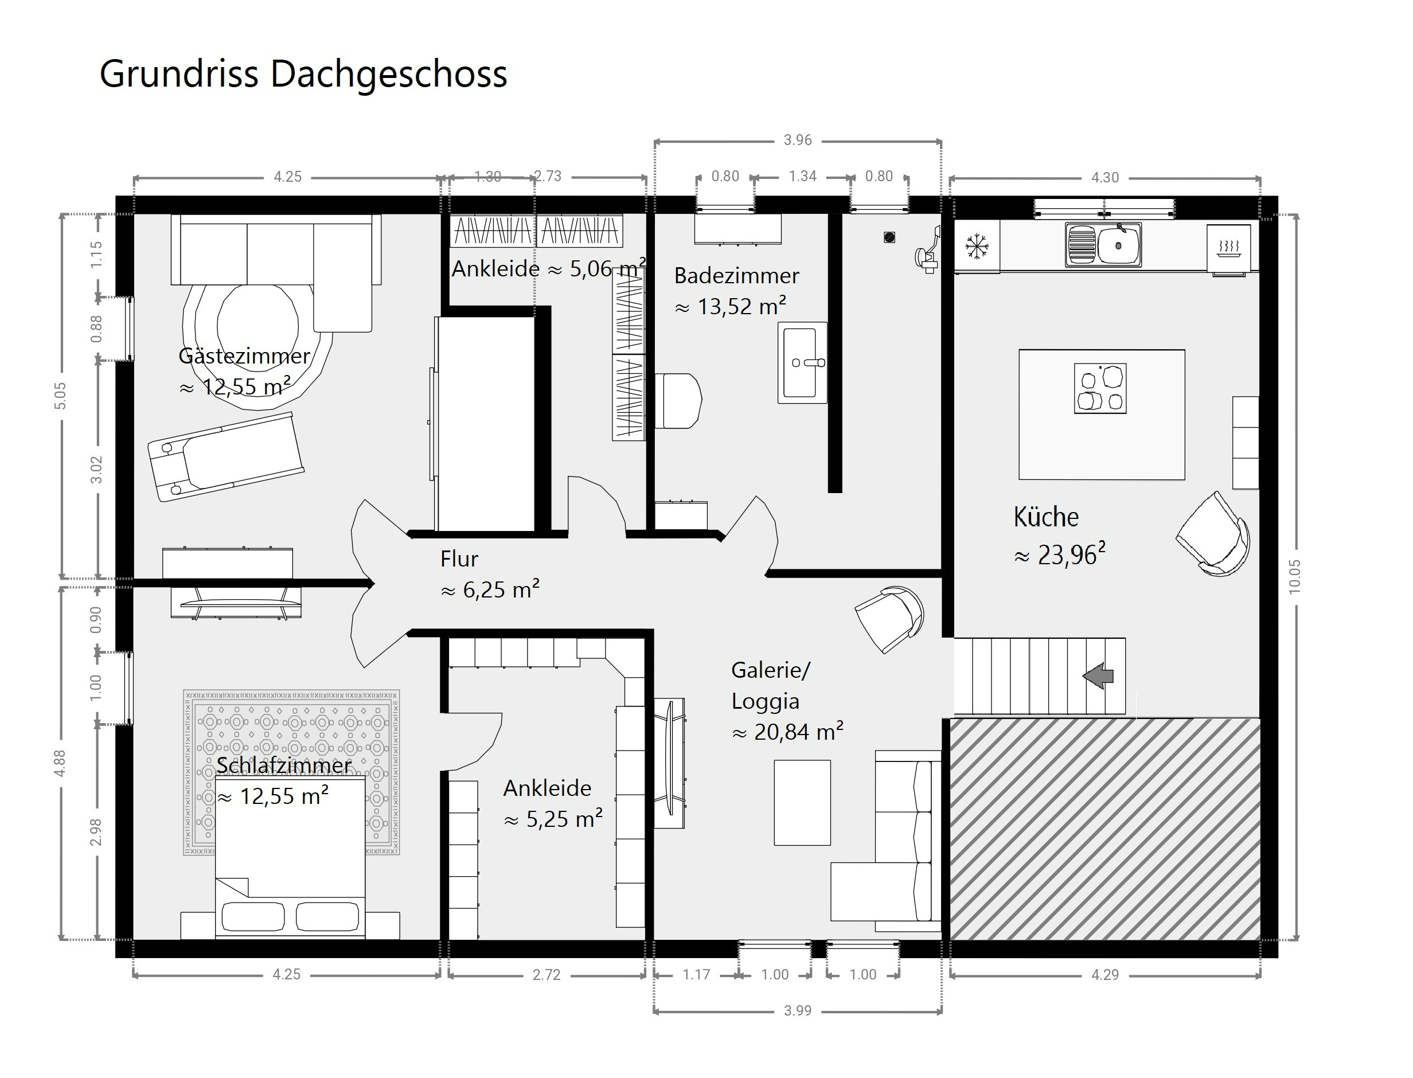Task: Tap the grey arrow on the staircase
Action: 1099,675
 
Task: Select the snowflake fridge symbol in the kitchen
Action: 977,247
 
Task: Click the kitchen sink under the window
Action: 1103,244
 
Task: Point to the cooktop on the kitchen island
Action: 1100,388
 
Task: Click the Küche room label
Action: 1046,517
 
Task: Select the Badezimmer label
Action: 737,276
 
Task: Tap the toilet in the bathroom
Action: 678,400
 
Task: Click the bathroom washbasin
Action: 802,362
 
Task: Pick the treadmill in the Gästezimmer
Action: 226,456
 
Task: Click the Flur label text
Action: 459,559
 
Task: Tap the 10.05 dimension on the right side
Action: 1294,576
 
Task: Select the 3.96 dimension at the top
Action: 798,140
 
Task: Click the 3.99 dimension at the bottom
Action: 798,1010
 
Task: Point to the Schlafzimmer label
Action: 284,765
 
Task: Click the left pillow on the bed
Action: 253,916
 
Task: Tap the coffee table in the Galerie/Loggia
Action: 802,803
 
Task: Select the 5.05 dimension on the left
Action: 60,395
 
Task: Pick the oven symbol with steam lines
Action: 1228,247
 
